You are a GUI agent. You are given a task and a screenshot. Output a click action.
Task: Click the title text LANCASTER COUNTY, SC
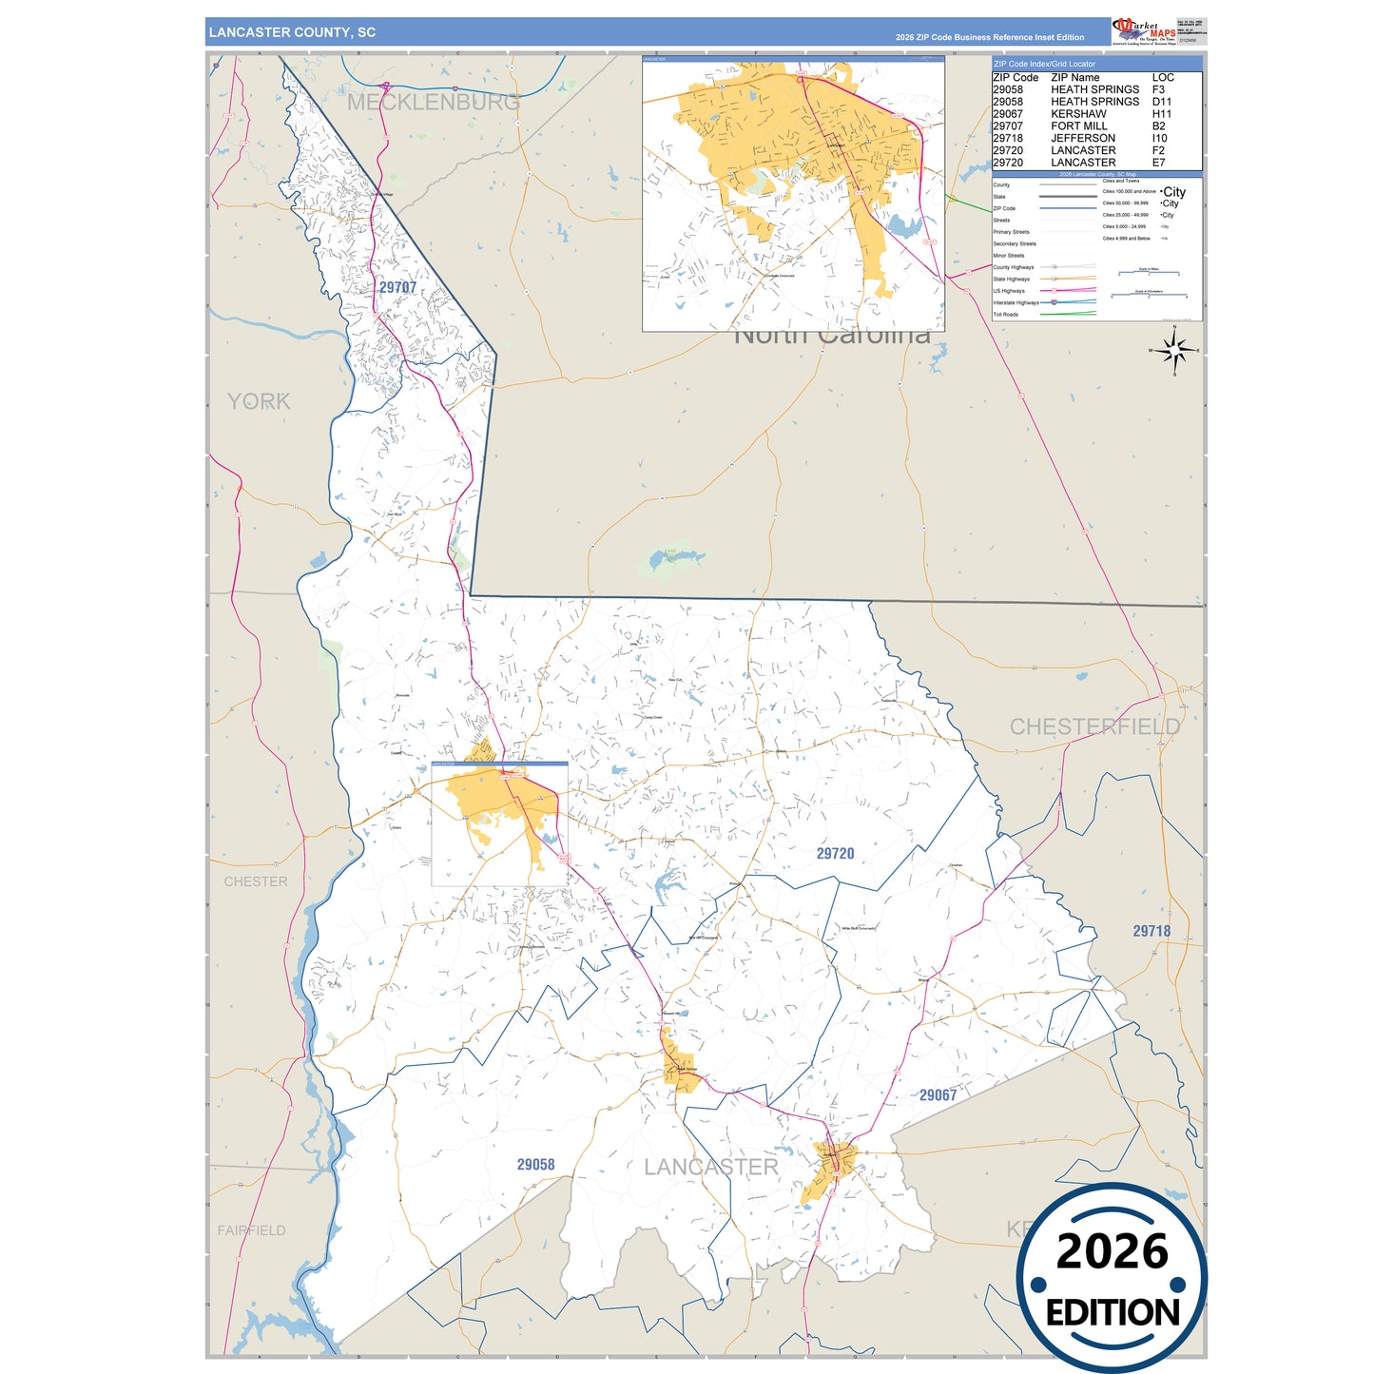292,32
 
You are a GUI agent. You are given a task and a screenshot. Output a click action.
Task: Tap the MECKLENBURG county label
433,103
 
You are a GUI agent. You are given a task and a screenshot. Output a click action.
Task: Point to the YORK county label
259,401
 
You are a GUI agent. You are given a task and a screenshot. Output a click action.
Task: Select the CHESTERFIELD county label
1094,726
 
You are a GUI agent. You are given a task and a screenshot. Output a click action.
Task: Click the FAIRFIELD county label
251,1230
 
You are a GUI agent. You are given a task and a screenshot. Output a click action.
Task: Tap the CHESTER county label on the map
255,882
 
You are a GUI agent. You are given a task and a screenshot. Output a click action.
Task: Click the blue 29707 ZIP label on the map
397,287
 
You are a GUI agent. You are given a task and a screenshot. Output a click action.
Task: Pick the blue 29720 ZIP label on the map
835,854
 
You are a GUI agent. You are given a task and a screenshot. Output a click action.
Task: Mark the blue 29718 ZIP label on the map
1151,931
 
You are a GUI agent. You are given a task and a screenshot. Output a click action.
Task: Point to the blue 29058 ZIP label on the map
535,1165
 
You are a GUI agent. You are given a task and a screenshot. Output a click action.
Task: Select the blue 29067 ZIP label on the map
938,1095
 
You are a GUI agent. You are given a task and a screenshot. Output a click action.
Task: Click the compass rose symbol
1175,351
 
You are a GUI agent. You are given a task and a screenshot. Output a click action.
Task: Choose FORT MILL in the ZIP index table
1078,126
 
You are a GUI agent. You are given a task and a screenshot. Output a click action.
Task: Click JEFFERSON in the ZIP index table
1082,139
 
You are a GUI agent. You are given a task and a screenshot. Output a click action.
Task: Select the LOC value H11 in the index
1161,114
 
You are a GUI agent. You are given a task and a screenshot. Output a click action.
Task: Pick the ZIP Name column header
1074,78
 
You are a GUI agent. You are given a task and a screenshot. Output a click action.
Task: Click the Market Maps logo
1144,30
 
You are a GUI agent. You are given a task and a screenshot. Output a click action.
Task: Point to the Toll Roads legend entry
1006,315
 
